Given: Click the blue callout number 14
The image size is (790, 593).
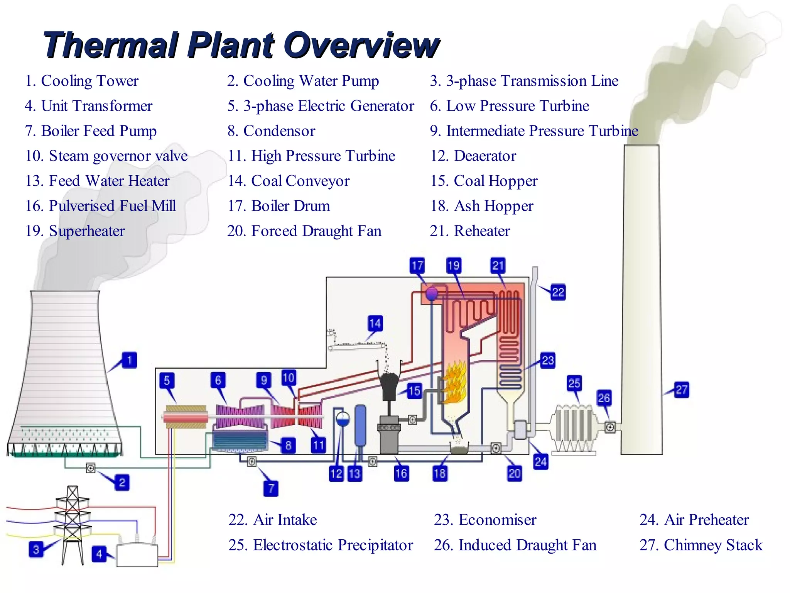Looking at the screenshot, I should [x=375, y=324].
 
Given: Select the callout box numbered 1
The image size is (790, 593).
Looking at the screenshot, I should [x=130, y=360].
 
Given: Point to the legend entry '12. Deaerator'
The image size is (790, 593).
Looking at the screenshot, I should [x=473, y=156].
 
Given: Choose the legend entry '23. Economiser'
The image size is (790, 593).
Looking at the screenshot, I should [x=485, y=520].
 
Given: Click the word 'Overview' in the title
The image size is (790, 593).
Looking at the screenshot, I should [x=361, y=45].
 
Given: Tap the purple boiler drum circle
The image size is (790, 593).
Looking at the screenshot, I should [x=432, y=293].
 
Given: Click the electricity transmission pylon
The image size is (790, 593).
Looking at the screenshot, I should [x=73, y=525].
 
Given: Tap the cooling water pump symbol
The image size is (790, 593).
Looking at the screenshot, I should [x=91, y=468].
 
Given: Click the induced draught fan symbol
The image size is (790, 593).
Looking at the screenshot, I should [x=610, y=427].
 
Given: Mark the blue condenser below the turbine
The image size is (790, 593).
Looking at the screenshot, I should [x=240, y=440].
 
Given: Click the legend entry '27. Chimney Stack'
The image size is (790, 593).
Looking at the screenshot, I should [x=701, y=545].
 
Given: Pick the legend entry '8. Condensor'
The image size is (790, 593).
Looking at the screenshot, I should [x=271, y=131].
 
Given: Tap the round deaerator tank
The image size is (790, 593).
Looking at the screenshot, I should [x=342, y=418].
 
